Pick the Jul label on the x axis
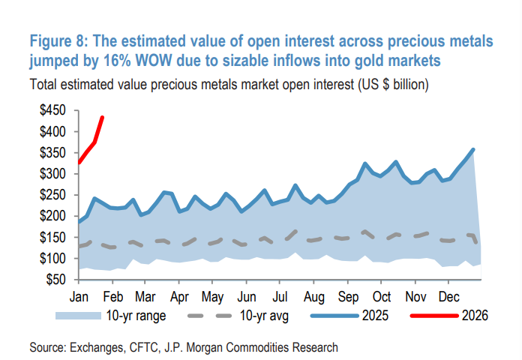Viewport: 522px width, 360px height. [x=280, y=295]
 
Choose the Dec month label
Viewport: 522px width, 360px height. [x=449, y=295]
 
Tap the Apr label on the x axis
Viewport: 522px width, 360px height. [x=179, y=295]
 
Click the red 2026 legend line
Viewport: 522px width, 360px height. [x=434, y=315]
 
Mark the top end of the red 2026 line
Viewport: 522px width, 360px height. [x=103, y=117]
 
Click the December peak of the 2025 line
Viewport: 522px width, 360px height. [x=473, y=149]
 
